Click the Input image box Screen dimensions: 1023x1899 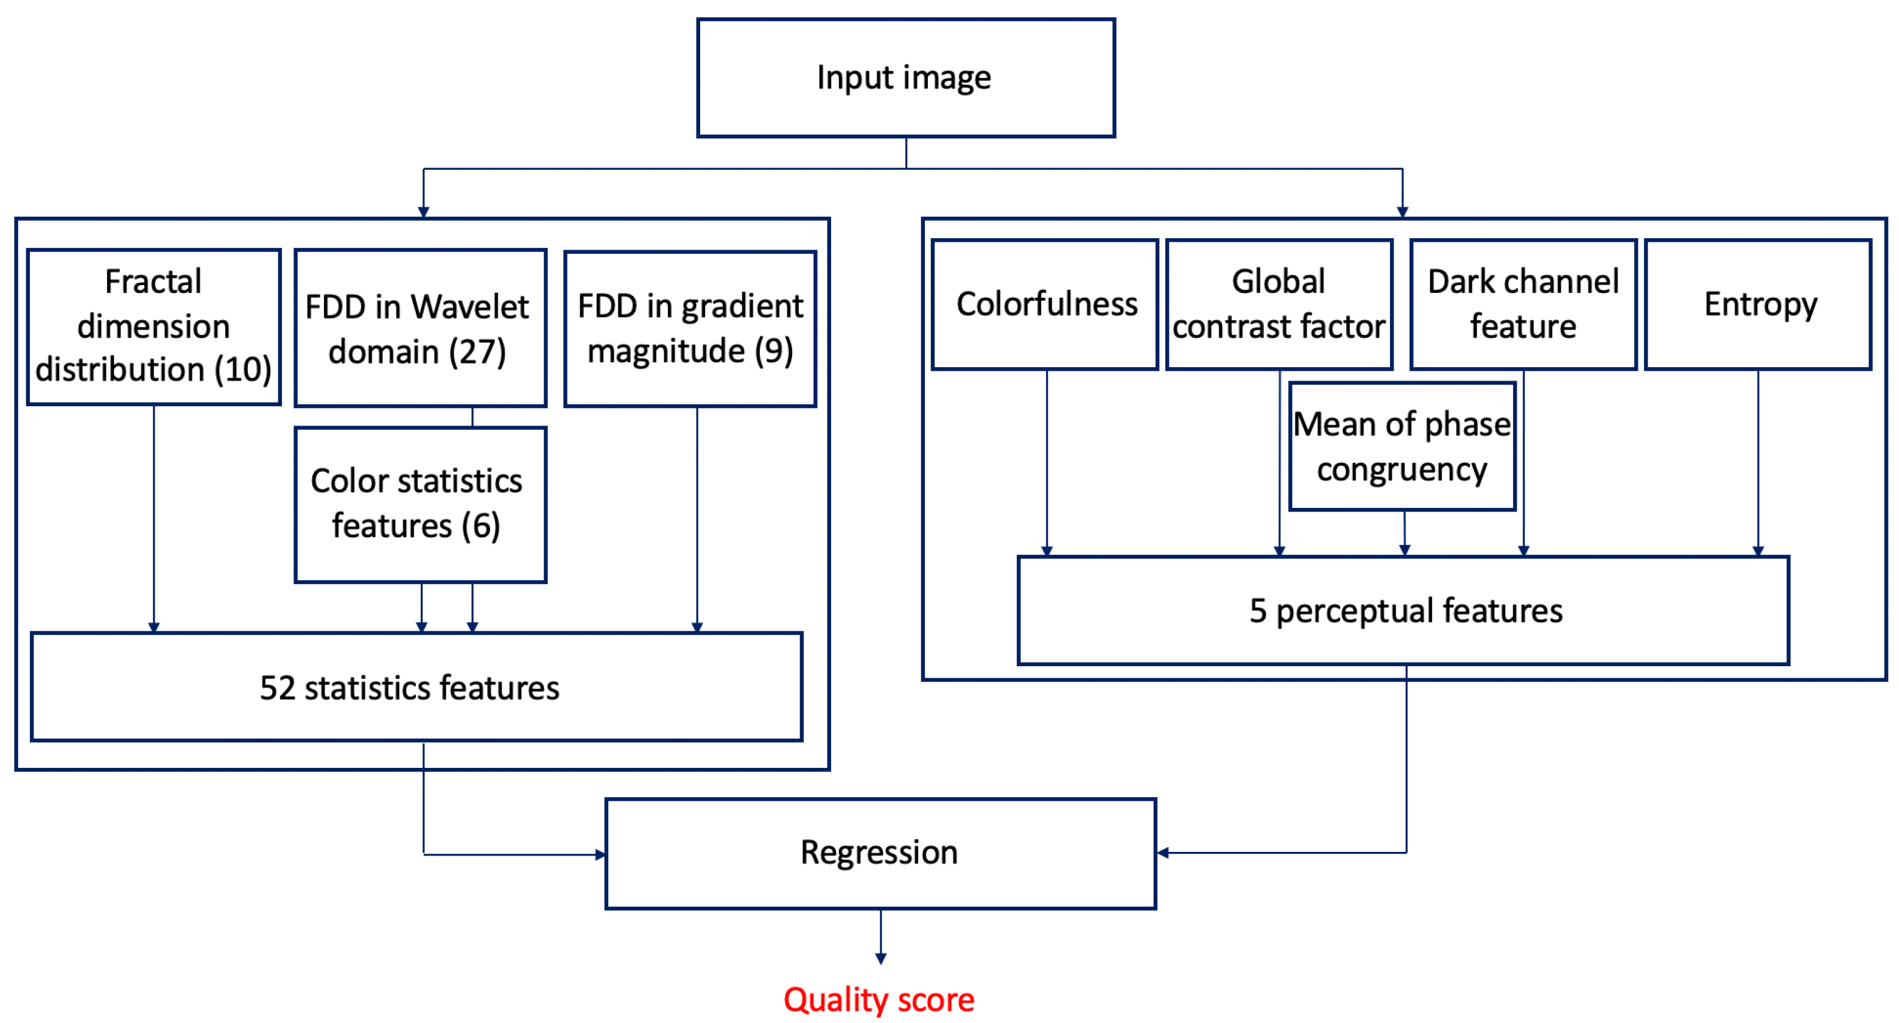coord(905,77)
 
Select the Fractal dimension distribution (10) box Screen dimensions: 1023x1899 coord(153,326)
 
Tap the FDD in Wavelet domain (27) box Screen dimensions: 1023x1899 coord(419,328)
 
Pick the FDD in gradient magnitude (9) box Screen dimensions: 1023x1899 coord(690,329)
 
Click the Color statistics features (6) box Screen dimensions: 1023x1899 coord(419,504)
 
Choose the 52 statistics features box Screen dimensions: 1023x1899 coord(416,687)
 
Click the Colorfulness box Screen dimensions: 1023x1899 coord(1045,304)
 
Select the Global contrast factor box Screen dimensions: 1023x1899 coord(1279,304)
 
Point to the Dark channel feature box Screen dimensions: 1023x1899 coord(1523,304)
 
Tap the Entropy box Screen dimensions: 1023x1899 coord(1758,304)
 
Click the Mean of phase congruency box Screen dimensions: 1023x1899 coord(1402,446)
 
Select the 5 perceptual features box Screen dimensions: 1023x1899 coord(1403,610)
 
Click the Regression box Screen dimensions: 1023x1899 coord(880,852)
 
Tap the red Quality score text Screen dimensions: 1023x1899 coord(879,999)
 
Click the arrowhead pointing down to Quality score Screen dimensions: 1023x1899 coord(880,957)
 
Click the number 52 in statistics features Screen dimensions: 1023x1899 coord(277,687)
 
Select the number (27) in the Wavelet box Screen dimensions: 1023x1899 coord(479,351)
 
